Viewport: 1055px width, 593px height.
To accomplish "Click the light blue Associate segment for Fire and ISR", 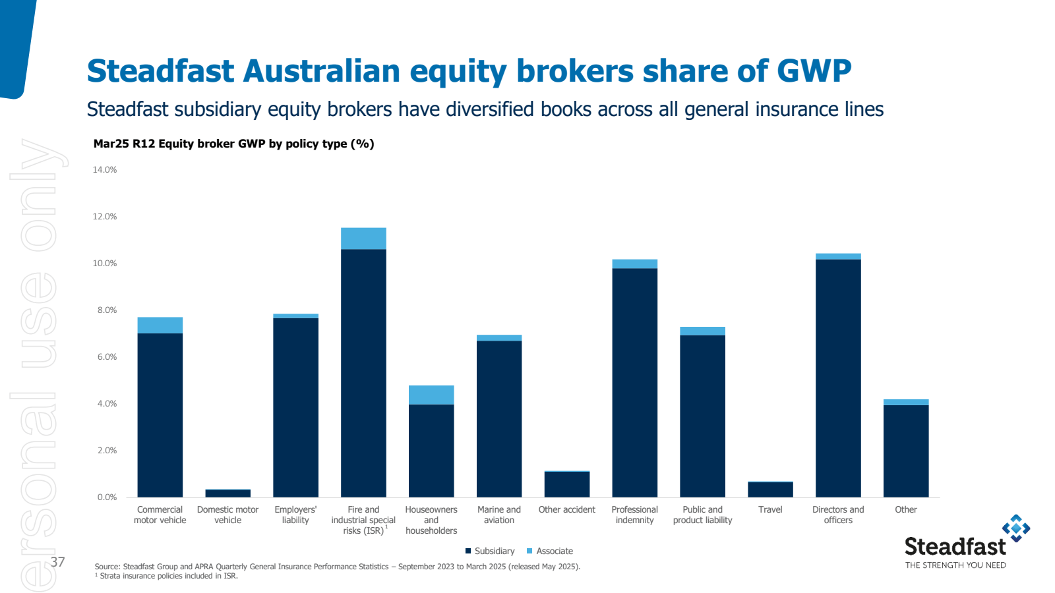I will point(363,239).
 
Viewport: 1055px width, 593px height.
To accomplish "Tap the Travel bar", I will point(770,490).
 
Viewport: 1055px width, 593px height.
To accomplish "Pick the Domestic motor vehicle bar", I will point(227,493).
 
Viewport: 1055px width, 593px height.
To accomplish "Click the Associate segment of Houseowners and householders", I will point(431,395).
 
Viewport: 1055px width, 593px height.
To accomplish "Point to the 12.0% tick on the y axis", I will point(105,217).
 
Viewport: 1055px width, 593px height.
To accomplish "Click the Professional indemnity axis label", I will point(634,515).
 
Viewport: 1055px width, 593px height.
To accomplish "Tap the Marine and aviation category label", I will point(499,515).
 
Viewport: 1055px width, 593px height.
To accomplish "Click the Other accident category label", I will point(566,510).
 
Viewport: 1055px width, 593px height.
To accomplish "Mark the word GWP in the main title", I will point(814,71).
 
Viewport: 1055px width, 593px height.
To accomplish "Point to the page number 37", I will point(58,561).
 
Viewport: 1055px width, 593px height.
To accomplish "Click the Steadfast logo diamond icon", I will point(1016,528).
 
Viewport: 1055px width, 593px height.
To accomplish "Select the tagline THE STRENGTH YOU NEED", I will point(955,565).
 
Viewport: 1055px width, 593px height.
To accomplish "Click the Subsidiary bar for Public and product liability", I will point(702,416).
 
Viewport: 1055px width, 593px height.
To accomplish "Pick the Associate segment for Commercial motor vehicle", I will point(160,325).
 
